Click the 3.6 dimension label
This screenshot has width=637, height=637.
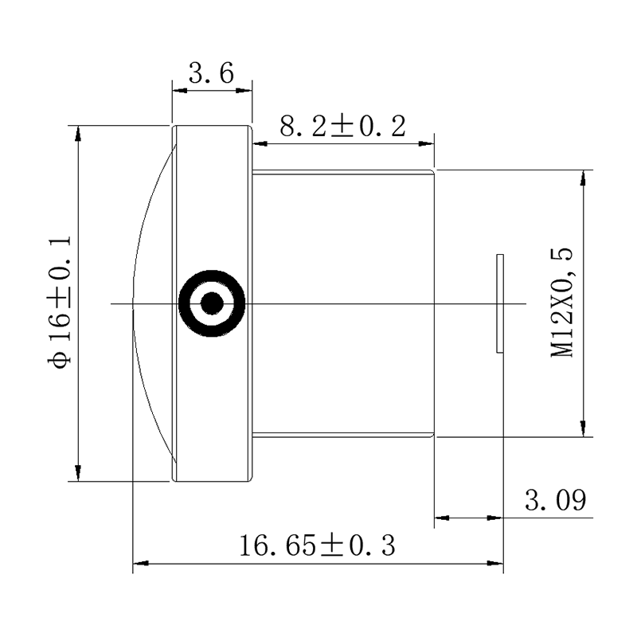pos(211,73)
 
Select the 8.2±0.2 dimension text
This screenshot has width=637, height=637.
pos(342,127)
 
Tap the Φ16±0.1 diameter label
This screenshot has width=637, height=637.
pos(60,303)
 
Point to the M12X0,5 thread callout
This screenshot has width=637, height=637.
pos(562,303)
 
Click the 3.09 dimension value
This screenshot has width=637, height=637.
pos(555,500)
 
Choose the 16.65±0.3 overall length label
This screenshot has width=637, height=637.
pos(317,545)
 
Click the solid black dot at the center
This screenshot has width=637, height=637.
pos(212,303)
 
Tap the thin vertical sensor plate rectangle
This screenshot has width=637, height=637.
pos(500,303)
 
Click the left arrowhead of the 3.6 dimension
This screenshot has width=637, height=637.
pos(180,90)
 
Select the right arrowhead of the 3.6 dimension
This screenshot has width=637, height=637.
pos(245,90)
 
